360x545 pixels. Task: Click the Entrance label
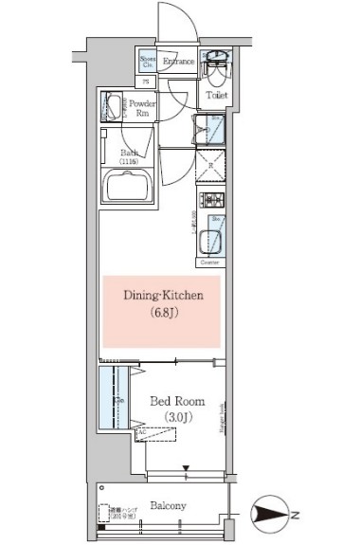tap(178, 63)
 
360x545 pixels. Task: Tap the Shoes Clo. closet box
tap(148, 63)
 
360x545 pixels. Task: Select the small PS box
tap(147, 82)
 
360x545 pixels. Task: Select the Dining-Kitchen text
tap(162, 297)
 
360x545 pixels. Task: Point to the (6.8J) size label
tap(162, 314)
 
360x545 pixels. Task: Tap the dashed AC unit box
tap(142, 436)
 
